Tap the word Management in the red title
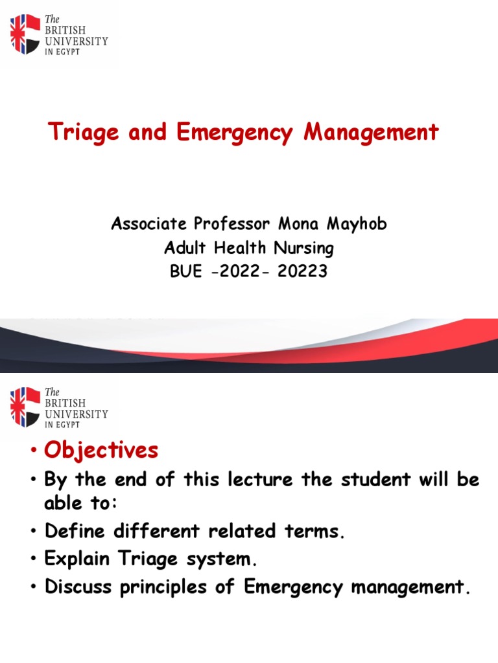(x=372, y=133)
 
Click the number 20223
(x=302, y=271)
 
